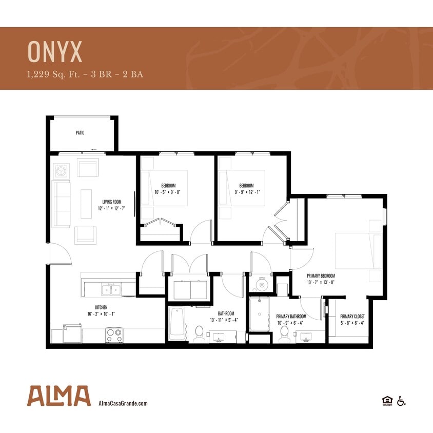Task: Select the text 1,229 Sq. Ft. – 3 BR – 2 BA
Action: tap(85, 74)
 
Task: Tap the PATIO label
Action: tap(80, 133)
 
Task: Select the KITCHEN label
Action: tap(101, 307)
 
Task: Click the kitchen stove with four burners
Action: tap(114, 336)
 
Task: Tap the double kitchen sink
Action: tap(110, 290)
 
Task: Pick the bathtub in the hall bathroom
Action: tap(177, 323)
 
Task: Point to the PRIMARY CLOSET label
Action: tap(352, 317)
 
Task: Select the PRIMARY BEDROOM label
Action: tap(321, 275)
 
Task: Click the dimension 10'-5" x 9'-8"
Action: tap(168, 192)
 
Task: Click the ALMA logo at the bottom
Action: tap(59, 396)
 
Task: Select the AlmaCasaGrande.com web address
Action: tap(123, 403)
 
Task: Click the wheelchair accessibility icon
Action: tap(401, 401)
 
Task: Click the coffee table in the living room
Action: tap(86, 204)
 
